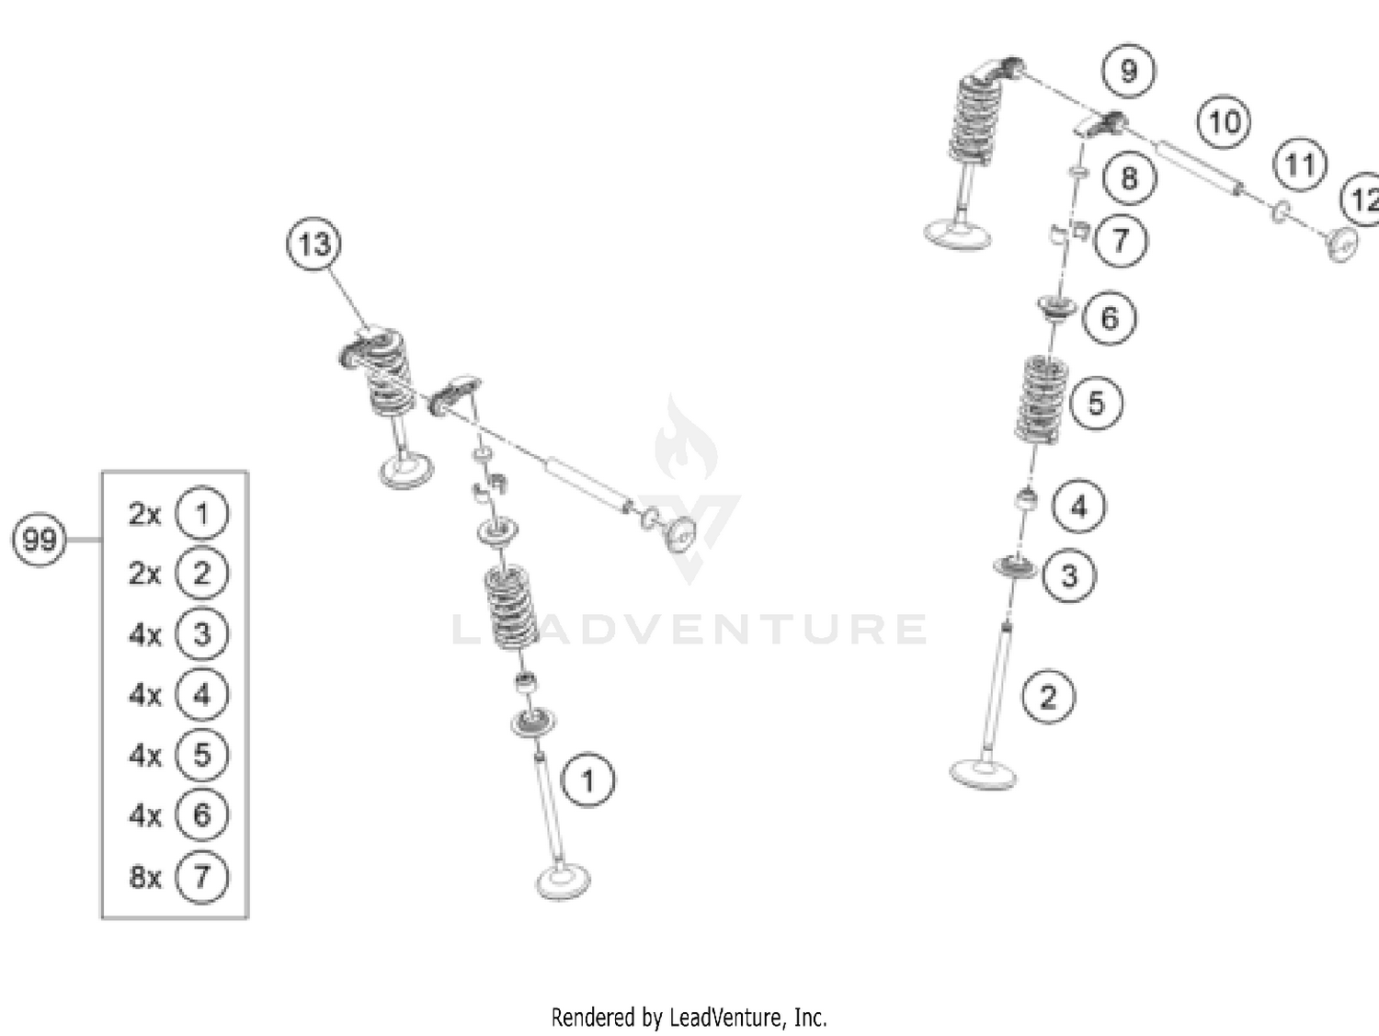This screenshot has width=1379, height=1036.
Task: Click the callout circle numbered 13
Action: coord(313,245)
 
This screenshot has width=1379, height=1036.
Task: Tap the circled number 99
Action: coord(40,539)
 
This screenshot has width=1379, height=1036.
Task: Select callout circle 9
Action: coord(1128,71)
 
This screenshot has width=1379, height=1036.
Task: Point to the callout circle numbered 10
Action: coord(1224,122)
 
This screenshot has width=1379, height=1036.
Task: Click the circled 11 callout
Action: coord(1299,165)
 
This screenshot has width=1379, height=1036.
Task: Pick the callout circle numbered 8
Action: coord(1129,177)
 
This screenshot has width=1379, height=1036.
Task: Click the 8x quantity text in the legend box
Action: coord(145,877)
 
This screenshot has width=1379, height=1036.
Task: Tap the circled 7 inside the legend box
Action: coord(201,876)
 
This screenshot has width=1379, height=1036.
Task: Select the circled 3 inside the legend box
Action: coord(201,633)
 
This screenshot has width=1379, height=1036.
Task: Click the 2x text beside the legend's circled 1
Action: coord(144,514)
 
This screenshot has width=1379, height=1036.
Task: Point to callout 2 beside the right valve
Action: coord(1049,697)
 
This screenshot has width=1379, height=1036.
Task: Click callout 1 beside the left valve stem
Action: coord(587,780)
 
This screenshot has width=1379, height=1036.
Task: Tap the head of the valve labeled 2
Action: coord(983,772)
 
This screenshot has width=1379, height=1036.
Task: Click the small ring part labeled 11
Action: coord(1279,212)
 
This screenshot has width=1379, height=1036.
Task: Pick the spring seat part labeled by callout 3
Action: coord(1015,566)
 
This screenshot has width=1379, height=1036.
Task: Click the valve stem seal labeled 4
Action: coord(1026,501)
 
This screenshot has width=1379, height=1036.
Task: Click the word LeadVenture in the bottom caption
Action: coord(725,1018)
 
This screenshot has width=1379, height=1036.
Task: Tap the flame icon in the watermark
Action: coord(685,441)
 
